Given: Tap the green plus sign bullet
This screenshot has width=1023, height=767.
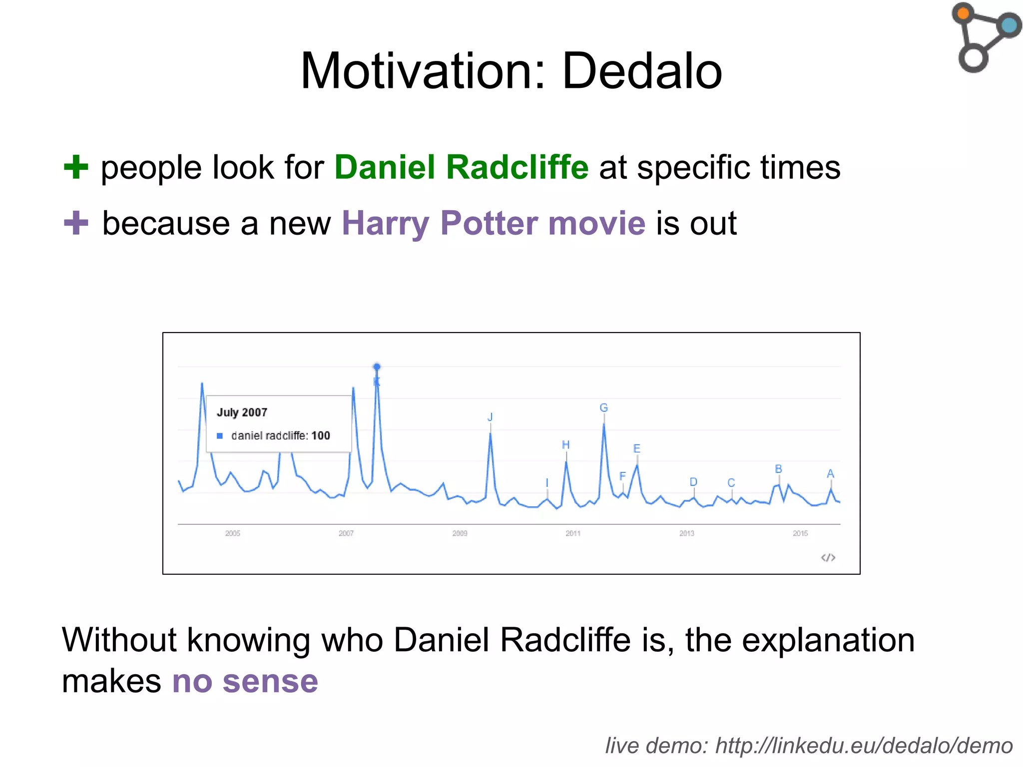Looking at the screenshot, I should (x=76, y=167).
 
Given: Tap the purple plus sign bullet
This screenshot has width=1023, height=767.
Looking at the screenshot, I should (x=76, y=223).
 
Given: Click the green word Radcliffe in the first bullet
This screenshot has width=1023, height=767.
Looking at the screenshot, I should (x=517, y=167).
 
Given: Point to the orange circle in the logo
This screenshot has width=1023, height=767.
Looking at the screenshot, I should (x=964, y=13).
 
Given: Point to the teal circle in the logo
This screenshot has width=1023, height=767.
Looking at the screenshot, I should (x=1009, y=25).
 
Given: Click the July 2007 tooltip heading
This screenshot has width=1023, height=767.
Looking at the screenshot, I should (x=242, y=412).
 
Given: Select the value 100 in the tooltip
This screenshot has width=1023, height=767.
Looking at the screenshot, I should (x=321, y=435).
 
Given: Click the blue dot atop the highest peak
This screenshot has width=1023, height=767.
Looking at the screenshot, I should (x=377, y=367).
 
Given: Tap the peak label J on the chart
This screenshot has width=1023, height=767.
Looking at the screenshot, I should (x=490, y=417).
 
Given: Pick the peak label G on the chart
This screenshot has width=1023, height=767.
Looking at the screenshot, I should (x=603, y=408).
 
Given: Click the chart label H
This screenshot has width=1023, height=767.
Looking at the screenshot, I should (x=565, y=444).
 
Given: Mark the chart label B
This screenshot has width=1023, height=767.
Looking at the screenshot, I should (x=778, y=469).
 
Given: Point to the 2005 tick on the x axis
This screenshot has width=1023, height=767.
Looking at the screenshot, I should (x=233, y=533).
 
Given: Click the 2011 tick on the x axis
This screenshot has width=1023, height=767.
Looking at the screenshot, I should (x=573, y=533).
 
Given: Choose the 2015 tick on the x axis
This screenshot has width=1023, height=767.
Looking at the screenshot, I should (x=800, y=533).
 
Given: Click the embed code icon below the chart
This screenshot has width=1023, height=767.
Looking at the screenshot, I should (x=828, y=557).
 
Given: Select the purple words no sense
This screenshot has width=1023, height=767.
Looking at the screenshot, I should (x=245, y=681).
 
